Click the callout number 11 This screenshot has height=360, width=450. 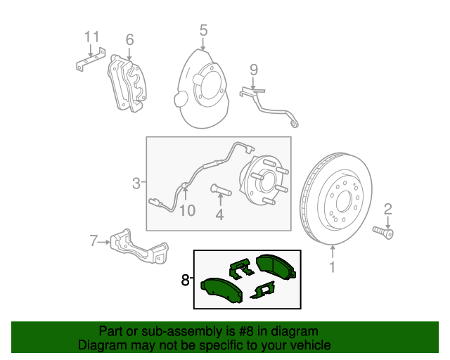92,37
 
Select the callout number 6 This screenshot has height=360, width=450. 129,39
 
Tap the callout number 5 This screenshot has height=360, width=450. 203,30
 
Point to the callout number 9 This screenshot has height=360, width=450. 254,69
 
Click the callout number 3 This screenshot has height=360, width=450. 136,184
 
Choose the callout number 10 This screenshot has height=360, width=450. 186,210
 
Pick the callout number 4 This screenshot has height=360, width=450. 219,215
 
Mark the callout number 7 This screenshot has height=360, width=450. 94,242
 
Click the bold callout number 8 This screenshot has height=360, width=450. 185,280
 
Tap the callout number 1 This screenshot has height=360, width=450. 333,266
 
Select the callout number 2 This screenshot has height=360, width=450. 387,208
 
